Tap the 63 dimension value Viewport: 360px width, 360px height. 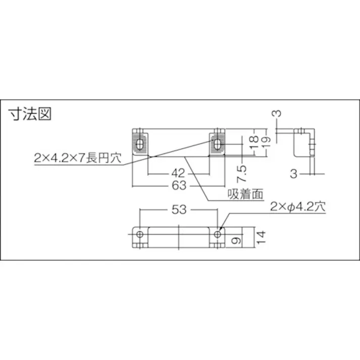[179, 185]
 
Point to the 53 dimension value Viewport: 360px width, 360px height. [179, 210]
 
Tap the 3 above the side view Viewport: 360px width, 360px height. [276, 114]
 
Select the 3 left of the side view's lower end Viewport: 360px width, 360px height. [293, 174]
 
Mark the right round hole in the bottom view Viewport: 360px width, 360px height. [218, 234]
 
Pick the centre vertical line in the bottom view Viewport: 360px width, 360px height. [179, 235]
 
